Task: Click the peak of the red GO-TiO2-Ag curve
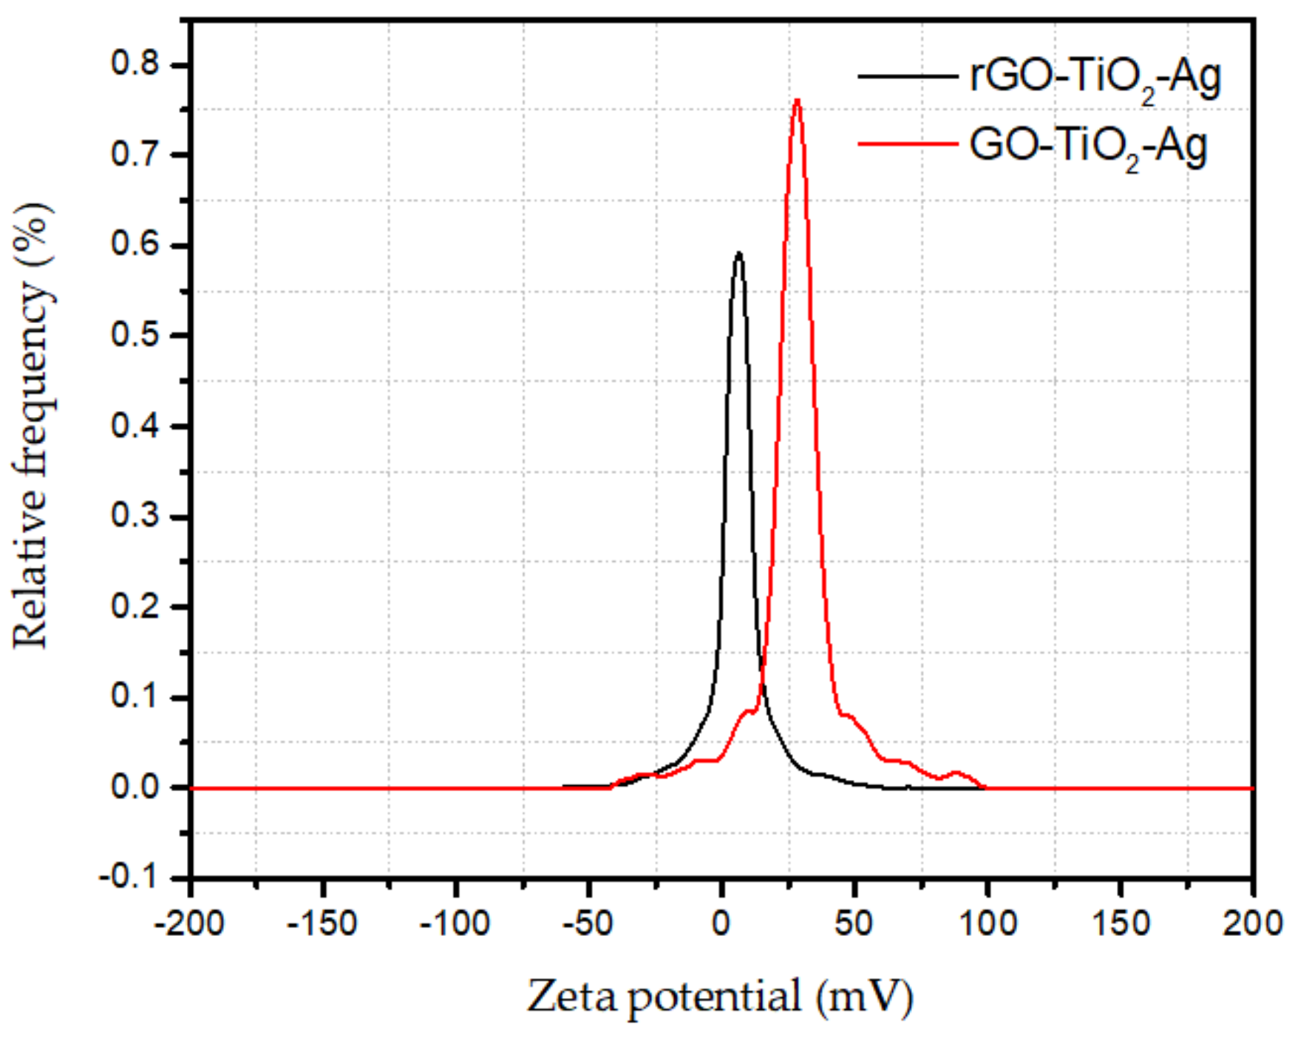797,101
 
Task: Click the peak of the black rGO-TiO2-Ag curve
738,254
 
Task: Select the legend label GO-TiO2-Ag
1088,145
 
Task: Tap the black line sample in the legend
908,76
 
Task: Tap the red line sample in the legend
908,144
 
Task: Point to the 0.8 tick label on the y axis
135,64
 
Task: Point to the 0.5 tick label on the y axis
135,335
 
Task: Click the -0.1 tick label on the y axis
129,878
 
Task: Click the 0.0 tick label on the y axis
135,787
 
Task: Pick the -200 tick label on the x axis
189,923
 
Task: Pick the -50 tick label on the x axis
588,923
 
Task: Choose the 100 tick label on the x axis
988,923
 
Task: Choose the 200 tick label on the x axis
1252,923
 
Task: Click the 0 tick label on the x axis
721,923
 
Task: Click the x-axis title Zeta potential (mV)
720,997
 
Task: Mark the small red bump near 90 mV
956,773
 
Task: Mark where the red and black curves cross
761,670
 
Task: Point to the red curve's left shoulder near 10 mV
750,711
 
